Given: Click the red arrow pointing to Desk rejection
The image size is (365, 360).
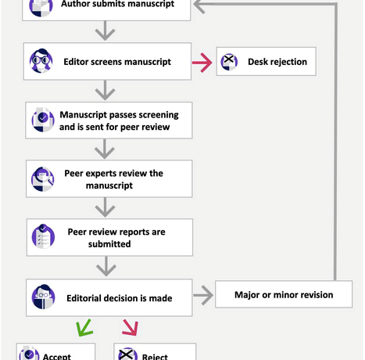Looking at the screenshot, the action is tap(202, 63).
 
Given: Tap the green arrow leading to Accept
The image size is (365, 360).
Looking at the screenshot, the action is tap(84, 328).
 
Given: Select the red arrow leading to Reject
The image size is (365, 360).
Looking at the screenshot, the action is tap(131, 327).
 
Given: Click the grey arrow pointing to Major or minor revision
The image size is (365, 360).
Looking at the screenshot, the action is tap(203, 295).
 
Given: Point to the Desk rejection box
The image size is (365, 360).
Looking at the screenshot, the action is tap(267, 62).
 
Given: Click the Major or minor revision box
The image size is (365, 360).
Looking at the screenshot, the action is tap(284, 294).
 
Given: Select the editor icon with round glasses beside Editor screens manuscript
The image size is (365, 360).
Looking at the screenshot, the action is tap(41, 61).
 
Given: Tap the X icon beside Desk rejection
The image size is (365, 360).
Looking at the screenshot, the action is tap(229, 62).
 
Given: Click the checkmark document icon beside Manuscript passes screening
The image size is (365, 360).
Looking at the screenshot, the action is tap(43, 120).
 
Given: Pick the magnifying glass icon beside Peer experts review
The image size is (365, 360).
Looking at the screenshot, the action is tap(43, 179).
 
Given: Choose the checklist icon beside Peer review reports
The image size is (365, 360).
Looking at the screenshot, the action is tap(43, 236).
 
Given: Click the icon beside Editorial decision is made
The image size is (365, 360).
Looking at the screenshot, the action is tap(44, 297).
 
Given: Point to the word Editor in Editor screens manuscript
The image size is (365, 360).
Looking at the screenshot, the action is tap(76, 62).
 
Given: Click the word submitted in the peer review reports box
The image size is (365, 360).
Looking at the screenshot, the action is tap(109, 244).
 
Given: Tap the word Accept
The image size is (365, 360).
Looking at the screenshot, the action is tap(57, 356).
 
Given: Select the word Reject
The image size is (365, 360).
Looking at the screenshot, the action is tap(155, 356).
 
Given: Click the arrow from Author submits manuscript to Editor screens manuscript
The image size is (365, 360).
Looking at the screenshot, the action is tap(105, 31).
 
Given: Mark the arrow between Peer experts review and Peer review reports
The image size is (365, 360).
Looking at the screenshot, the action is tap(105, 207).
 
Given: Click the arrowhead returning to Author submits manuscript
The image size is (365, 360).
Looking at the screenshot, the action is tap(199, 5).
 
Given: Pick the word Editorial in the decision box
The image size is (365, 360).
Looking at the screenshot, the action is tap(84, 298).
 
